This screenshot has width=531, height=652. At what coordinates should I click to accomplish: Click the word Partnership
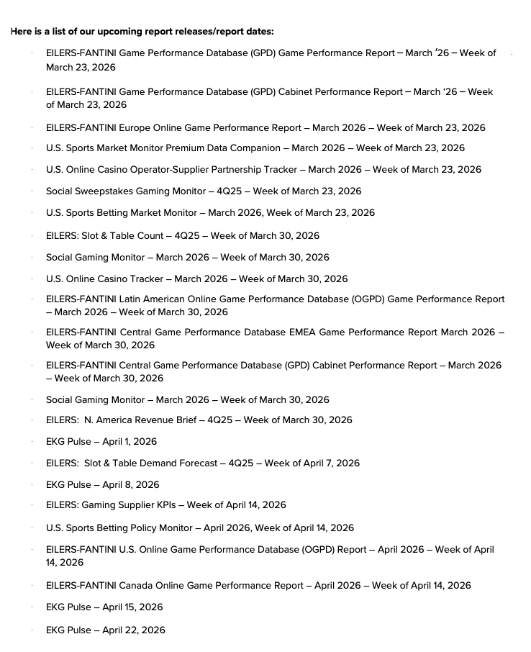pyautogui.click(x=243, y=169)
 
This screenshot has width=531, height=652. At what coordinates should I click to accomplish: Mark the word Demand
pyautogui.click(x=153, y=463)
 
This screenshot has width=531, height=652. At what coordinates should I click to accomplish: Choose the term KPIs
pyautogui.click(x=171, y=504)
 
